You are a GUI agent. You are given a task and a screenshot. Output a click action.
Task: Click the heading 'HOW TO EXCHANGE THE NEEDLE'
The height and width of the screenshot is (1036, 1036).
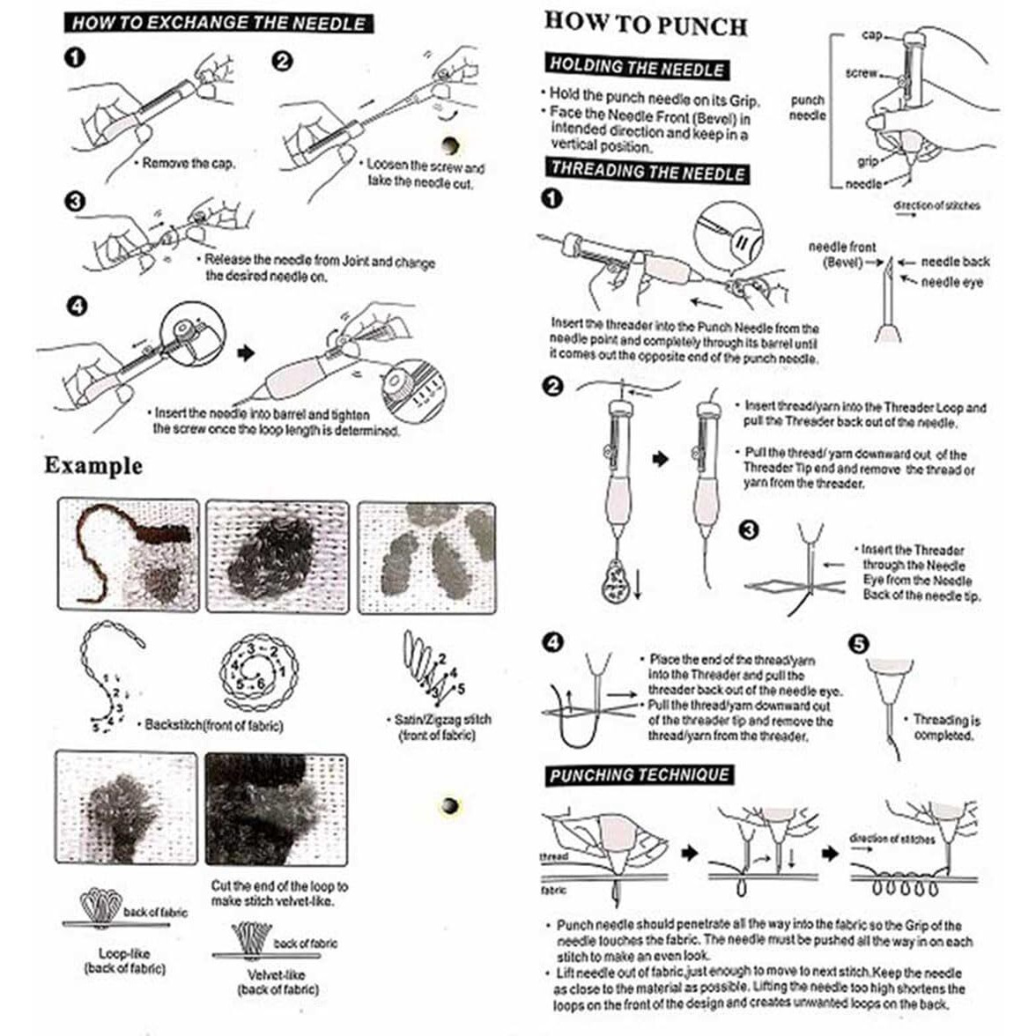pyautogui.click(x=218, y=23)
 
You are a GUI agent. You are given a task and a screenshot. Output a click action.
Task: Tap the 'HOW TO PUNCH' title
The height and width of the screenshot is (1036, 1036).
pyautogui.click(x=646, y=25)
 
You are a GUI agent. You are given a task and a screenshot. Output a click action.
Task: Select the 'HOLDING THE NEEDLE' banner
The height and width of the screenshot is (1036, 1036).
pyautogui.click(x=637, y=67)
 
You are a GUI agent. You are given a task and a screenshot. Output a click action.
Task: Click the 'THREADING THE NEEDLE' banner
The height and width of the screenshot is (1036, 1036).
pyautogui.click(x=647, y=171)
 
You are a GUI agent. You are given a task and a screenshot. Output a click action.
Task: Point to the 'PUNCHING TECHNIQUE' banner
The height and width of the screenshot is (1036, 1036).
pyautogui.click(x=640, y=775)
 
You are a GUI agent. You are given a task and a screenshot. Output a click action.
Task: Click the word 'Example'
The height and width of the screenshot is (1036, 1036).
pyautogui.click(x=93, y=466)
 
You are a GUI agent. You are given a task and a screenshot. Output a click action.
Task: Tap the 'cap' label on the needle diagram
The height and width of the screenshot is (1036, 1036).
pyautogui.click(x=871, y=35)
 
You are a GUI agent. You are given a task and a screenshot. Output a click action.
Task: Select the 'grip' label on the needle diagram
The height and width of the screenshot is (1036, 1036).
pyautogui.click(x=868, y=161)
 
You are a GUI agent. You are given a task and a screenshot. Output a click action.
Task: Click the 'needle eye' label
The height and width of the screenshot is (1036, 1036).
pyautogui.click(x=952, y=283)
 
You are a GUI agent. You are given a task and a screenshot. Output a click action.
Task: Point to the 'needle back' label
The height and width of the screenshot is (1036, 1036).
pyautogui.click(x=955, y=263)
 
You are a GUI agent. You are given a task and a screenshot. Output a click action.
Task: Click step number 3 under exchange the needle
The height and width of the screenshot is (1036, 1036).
pyautogui.click(x=76, y=201)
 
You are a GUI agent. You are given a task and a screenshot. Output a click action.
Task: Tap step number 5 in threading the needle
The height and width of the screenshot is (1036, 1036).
pyautogui.click(x=858, y=644)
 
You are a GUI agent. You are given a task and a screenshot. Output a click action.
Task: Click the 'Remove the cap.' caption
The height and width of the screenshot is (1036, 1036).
pyautogui.click(x=189, y=163)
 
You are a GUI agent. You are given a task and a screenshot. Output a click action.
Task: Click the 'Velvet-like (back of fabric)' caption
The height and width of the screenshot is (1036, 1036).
pyautogui.click(x=277, y=981)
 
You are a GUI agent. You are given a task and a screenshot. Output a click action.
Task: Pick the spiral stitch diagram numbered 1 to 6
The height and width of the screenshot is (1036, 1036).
pyautogui.click(x=258, y=672)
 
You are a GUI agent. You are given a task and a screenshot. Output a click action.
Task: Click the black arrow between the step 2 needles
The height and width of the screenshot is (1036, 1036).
pyautogui.click(x=660, y=458)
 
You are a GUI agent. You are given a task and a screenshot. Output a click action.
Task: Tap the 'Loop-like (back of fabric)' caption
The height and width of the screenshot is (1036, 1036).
pyautogui.click(x=124, y=960)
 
